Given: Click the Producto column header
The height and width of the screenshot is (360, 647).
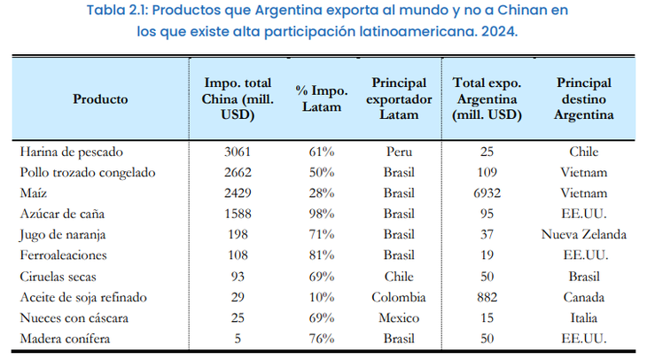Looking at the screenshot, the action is coord(100,99).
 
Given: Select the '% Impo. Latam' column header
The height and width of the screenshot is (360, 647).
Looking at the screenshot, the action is coord(322,98).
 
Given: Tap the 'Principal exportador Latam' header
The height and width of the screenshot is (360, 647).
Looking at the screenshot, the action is coord(399,98).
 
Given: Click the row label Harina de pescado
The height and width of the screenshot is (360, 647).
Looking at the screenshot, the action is coord(72,152).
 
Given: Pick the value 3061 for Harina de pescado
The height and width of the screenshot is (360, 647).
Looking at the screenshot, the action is coord(238,152).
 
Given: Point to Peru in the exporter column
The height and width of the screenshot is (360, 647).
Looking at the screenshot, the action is coord(399,152).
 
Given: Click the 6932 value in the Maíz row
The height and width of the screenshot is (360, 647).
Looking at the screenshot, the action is coord(487,193).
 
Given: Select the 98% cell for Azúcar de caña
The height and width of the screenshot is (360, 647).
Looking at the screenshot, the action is coord(322,214).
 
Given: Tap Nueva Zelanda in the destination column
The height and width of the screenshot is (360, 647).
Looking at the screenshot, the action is coord(584,234).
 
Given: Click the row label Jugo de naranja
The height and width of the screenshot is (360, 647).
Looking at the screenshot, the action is coord(63,235).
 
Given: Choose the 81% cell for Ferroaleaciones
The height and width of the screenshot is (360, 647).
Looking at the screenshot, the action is coord(322,255).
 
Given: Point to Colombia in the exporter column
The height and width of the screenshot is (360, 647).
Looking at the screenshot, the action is coord(399,297).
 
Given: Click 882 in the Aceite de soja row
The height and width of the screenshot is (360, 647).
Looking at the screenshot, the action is coord(487,297).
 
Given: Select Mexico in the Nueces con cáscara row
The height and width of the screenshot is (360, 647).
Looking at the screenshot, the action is coord(399,318).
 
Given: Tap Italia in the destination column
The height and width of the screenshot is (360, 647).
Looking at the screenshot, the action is coord(584,318).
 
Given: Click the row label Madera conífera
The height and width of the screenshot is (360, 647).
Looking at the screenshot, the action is coord(66,339).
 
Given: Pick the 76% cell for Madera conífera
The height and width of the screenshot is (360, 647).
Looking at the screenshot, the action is coord(322,339).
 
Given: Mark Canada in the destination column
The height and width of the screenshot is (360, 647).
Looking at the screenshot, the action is coord(584,297).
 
